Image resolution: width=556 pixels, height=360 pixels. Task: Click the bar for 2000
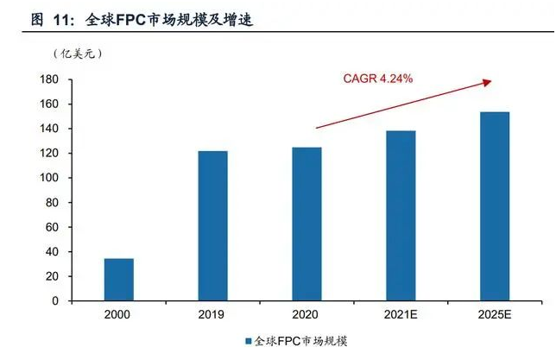118,280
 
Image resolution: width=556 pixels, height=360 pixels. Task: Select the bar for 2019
212,226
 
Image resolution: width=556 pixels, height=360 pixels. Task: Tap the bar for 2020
306,224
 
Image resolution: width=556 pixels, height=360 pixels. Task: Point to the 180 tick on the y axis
48,79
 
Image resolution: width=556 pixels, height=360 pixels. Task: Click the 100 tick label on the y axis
48,178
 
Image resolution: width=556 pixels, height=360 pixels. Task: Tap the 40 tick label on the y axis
52,252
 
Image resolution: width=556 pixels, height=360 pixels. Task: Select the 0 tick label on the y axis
54,301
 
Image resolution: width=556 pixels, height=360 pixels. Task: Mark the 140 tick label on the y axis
48,129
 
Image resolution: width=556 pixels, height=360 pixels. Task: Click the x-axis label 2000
118,316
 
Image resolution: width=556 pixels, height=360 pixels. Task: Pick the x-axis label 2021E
401,316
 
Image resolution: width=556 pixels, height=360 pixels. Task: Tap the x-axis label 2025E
495,316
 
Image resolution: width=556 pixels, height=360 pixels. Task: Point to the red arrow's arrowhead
488,82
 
